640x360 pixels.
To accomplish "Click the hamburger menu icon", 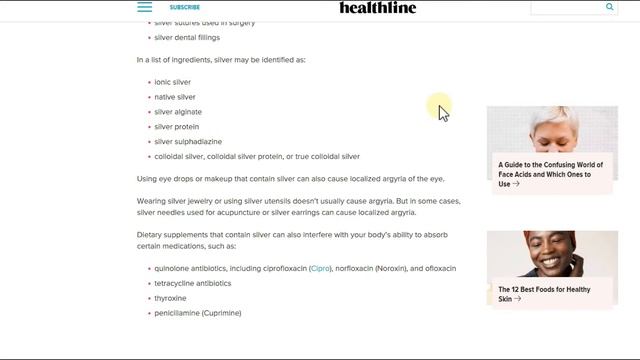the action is point(145,7).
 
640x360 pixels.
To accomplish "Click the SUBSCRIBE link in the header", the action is point(185,7).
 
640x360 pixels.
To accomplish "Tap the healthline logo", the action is point(378,8).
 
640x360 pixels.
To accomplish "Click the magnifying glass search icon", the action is point(610,7).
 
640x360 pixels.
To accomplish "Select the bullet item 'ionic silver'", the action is point(172,82).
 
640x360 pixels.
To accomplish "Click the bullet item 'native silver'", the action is point(174,97).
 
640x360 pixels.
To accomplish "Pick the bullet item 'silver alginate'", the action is point(177,112).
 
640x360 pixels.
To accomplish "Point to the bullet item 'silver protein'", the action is point(176,127).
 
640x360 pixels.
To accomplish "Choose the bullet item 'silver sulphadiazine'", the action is point(188,142).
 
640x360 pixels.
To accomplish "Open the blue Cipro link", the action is point(320,268).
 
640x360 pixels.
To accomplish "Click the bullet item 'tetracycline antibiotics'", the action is point(192,283).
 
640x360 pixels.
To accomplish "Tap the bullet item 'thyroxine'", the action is point(170,298).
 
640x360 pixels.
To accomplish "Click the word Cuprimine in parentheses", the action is point(221,313).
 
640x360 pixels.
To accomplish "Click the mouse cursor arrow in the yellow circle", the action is point(442,111).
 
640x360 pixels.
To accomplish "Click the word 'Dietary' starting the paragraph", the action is point(151,234).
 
